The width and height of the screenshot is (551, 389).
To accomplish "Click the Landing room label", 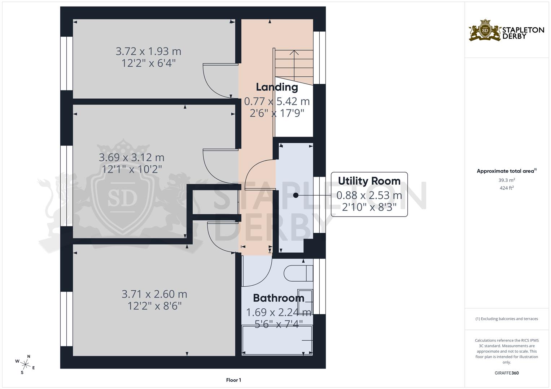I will (277, 87).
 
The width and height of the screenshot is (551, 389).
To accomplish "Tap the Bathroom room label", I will (278, 298).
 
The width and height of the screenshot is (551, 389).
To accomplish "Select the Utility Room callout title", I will (369, 181).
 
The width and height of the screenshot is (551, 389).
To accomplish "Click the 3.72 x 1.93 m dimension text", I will (148, 51).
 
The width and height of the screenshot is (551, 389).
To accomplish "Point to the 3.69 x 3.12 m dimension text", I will (132, 157).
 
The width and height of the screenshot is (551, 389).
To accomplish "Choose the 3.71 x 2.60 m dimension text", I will (154, 294).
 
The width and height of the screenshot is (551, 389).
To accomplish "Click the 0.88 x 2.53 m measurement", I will (369, 195).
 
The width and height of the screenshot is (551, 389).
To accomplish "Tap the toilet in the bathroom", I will (298, 273).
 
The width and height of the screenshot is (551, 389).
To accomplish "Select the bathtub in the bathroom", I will (277, 340).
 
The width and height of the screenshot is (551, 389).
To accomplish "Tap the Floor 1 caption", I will (233, 380).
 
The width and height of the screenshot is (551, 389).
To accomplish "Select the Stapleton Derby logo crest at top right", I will (485, 31).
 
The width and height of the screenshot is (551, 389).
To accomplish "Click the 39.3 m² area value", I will (507, 180).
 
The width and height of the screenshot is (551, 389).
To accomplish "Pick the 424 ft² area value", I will (507, 188).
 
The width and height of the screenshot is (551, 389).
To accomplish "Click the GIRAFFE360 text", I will (507, 373).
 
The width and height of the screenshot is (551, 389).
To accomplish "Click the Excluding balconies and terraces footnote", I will (507, 319).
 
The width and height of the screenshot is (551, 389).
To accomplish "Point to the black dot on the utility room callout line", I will (296, 196).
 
